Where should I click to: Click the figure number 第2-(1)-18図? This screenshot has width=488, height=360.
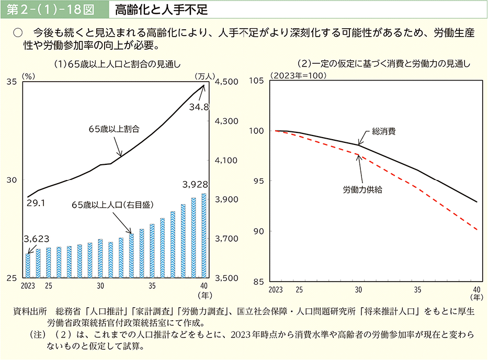(50, 9)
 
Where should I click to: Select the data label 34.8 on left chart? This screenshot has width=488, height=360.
(199, 107)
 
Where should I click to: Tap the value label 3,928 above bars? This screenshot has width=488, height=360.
(196, 185)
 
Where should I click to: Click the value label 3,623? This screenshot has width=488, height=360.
(37, 239)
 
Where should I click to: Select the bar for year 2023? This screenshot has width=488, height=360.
(28, 265)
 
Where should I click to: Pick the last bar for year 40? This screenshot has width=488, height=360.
(203, 235)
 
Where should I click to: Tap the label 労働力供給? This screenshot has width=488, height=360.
(362, 189)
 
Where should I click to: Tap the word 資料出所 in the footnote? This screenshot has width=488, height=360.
(30, 311)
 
